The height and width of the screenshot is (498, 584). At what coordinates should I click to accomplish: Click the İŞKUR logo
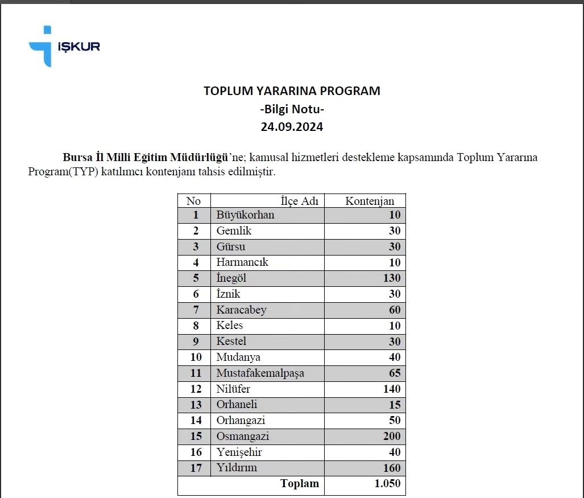pos(64,46)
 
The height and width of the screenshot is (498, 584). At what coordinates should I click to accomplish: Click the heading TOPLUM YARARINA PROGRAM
pos(292,90)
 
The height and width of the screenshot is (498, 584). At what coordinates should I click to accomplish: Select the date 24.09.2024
pos(292,127)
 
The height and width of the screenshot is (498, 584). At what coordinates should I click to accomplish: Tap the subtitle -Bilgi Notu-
pos(292,109)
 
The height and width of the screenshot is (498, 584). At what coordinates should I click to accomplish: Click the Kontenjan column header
pos(370,201)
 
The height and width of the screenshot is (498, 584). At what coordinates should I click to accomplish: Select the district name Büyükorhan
pos(245,215)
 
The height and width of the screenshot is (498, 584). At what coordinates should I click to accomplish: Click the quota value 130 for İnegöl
pos(391,278)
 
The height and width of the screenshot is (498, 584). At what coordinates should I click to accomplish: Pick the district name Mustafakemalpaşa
pos(260,373)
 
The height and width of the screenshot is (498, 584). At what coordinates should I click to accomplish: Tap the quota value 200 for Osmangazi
pos(391,437)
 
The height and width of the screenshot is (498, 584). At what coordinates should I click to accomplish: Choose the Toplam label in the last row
pos(299,484)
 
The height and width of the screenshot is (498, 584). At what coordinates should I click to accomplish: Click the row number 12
pos(196,389)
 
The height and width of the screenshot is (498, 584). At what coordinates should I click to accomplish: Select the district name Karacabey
pos(241,310)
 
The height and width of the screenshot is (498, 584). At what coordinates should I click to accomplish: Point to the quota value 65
pos(395,373)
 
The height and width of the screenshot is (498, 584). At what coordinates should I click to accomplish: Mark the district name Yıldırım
pos(237,468)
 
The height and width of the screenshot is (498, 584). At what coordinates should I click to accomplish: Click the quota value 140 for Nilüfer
pos(391,389)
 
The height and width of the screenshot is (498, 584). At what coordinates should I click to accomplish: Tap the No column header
pos(193,201)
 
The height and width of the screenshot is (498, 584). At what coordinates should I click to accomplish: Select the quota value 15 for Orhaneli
pos(395,405)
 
